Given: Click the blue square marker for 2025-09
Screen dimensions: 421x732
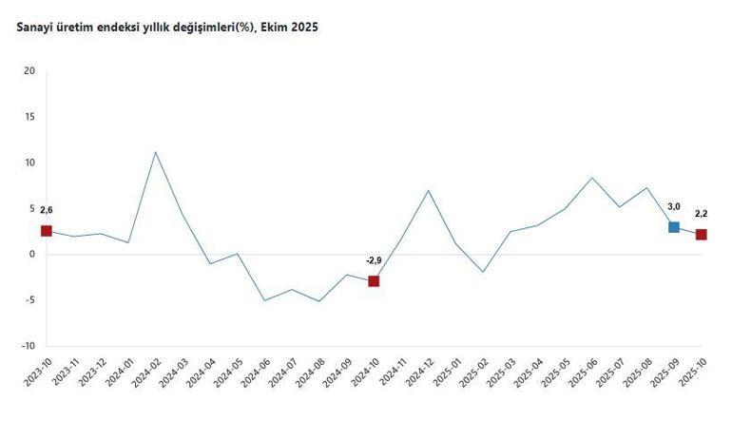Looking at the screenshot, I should (x=674, y=227).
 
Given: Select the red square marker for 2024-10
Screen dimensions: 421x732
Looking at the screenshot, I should (x=374, y=281).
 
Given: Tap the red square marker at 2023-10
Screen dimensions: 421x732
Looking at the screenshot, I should (x=46, y=231).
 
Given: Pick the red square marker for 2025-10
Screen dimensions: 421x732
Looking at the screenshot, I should (x=702, y=235).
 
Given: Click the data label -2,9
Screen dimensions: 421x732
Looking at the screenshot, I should (x=375, y=259).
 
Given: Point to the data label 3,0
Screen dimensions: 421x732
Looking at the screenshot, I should (x=674, y=206).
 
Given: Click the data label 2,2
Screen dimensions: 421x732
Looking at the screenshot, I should (x=702, y=214).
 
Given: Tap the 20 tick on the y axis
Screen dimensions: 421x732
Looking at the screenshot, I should (x=29, y=71).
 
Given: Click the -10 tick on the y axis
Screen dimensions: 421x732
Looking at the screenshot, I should (x=28, y=346).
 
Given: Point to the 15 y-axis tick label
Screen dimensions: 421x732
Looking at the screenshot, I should (x=29, y=117).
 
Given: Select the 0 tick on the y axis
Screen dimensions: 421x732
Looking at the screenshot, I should (x=31, y=255).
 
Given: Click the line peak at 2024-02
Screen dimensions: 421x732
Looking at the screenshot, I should (x=155, y=152).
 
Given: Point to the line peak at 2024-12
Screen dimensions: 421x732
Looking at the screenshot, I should (x=429, y=191).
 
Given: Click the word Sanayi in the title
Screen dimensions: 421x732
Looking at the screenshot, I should (x=34, y=28).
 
